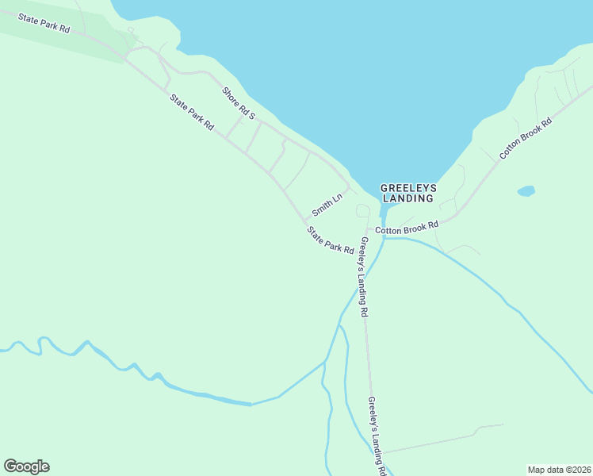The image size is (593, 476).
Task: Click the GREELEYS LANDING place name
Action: click(408, 193)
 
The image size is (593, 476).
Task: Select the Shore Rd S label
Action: click(239, 103)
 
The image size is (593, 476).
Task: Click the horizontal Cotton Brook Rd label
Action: click(407, 228)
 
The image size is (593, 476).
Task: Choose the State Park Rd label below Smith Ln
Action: click(331, 240)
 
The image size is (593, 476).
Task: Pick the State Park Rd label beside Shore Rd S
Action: click(191, 112)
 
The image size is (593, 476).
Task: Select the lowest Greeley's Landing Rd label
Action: click(377, 436)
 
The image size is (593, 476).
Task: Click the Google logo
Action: click(26, 466)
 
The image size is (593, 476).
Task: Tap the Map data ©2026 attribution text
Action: click(559, 469)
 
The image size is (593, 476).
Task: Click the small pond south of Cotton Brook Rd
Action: click(526, 191)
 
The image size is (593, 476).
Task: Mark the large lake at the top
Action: click(357, 63)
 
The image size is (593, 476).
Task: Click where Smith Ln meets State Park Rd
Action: click(304, 221)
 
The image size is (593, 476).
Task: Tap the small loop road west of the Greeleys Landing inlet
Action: click(362, 210)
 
